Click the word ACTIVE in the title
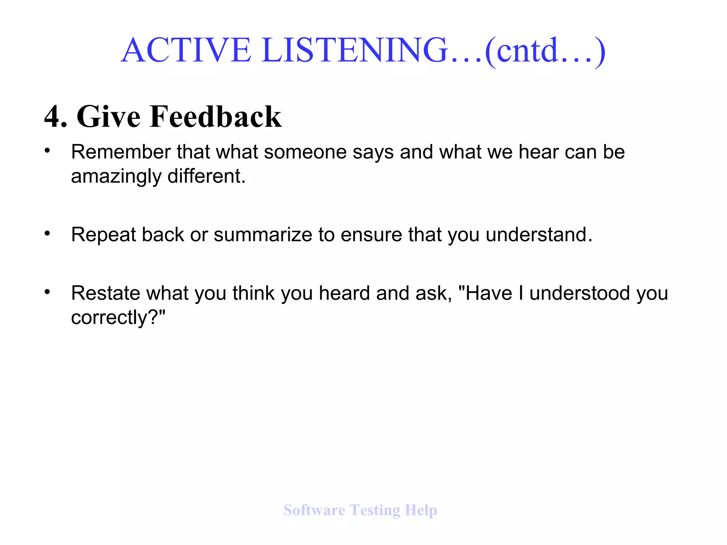coord(186,50)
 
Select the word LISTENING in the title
coord(355,50)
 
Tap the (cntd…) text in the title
coord(545,51)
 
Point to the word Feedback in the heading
coord(215,116)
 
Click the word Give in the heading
coord(109,116)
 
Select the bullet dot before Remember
coord(47,151)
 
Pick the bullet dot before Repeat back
coord(47,233)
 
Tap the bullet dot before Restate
coord(47,292)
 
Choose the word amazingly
coord(116,176)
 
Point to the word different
coord(206,176)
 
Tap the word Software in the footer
coord(314,510)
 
